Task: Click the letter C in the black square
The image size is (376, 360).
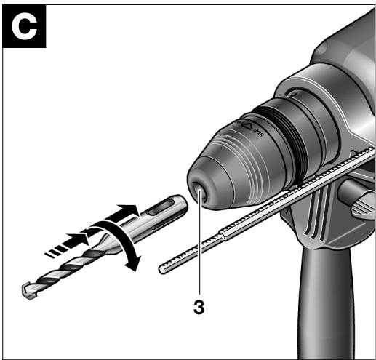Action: pyautogui.click(x=24, y=27)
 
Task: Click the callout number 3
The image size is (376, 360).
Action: pyautogui.click(x=199, y=307)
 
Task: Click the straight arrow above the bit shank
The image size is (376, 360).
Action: pyautogui.click(x=121, y=214)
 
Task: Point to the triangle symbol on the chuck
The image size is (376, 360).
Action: pyautogui.click(x=247, y=126)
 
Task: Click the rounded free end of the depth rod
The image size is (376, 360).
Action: pyautogui.click(x=162, y=269)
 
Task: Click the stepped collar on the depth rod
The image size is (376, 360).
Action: pyautogui.click(x=223, y=235)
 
